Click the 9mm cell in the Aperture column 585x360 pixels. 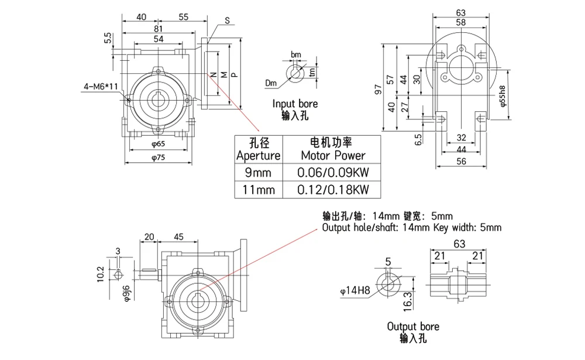(x=258, y=172)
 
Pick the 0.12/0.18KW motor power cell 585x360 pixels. (x=331, y=189)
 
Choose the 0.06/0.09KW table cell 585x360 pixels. (x=331, y=172)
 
